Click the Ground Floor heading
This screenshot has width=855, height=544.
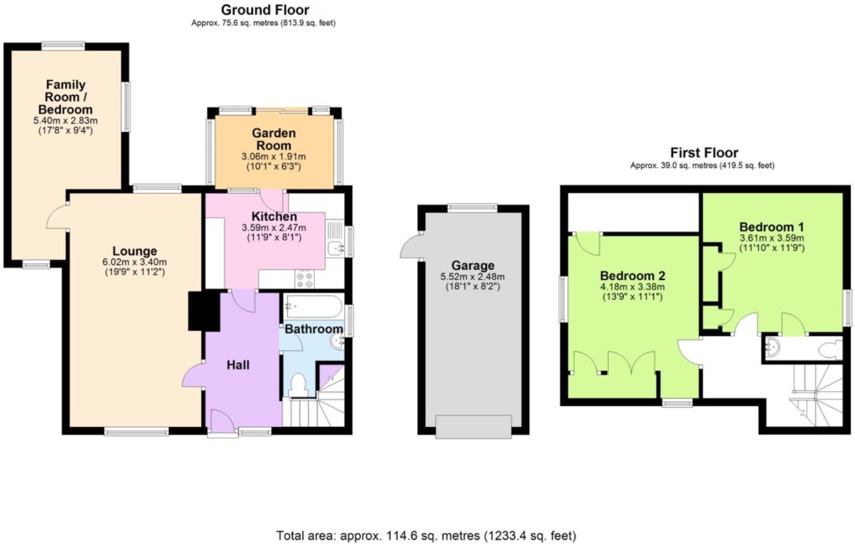265,10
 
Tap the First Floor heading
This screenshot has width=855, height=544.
704,153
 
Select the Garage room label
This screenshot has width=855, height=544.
473,266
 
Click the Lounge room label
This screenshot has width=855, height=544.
134,251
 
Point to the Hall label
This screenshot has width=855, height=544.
238,365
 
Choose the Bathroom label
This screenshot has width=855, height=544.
314,329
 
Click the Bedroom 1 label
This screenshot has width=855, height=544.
772,227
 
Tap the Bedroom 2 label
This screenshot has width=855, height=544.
633,276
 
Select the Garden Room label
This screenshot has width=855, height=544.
274,140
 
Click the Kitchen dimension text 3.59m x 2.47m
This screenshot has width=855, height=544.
274,227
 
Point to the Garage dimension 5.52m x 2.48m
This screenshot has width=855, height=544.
473,277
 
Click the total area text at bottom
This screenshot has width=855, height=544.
426,536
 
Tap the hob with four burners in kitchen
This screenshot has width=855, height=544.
305,279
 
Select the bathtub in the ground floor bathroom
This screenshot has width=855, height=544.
313,307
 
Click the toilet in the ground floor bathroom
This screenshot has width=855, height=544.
298,383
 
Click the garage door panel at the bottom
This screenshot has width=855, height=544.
473,426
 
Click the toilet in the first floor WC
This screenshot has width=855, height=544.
832,349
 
